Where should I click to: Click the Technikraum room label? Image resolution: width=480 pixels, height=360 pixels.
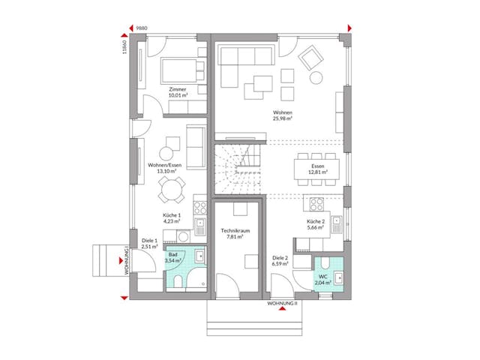(235, 231)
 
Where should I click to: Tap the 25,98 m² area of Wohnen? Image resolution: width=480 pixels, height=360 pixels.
(282, 118)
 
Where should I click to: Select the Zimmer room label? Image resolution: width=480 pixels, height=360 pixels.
(178, 90)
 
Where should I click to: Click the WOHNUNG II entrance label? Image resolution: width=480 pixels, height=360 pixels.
(282, 304)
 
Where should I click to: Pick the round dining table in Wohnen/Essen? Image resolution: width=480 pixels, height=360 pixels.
(171, 191)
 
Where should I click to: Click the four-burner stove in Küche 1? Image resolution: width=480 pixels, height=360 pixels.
(200, 206)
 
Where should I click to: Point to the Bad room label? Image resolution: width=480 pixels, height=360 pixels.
(174, 256)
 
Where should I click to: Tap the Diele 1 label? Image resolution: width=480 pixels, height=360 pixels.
(150, 241)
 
